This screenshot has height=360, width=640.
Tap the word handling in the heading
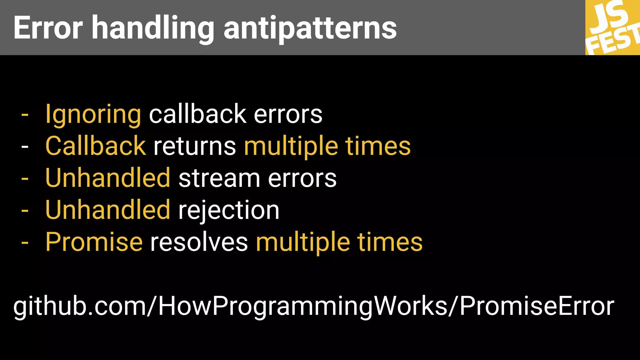coord(153,29)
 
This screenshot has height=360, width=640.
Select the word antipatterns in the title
coord(310,29)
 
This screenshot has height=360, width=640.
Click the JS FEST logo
coord(612,27)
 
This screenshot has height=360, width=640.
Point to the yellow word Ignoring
coord(93,115)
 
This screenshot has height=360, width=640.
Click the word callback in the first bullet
coord(197,114)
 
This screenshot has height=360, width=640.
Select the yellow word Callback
coord(96,146)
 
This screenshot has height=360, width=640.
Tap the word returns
coord(195,147)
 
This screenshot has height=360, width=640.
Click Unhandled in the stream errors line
coord(108,178)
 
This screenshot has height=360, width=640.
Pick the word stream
coord(219,178)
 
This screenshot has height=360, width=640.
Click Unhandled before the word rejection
coord(108,210)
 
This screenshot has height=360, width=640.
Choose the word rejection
coord(229,210)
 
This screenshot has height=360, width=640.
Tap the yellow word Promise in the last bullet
coord(94,242)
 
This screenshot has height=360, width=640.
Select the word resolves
coord(199,242)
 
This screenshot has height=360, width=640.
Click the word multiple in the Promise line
coord(303,242)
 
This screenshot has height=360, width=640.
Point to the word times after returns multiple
coord(378,146)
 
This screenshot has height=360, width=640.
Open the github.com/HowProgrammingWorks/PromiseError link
coord(314,306)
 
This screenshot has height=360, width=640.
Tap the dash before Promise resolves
coord(25,242)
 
